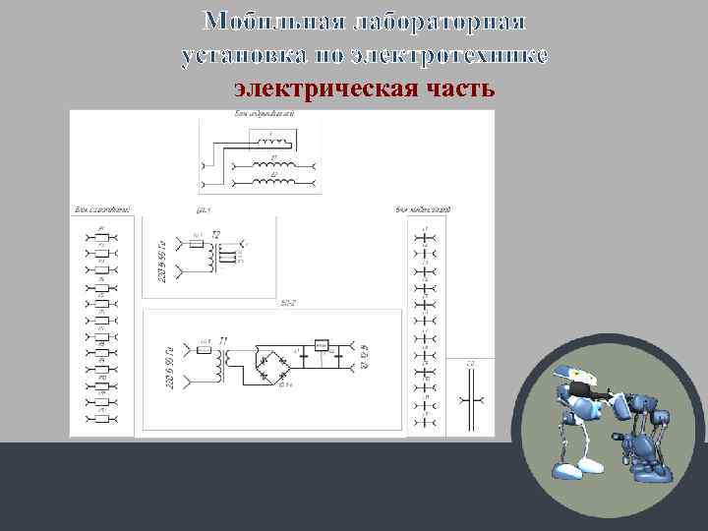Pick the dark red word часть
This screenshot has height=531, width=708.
456,89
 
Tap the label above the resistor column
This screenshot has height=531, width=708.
101,209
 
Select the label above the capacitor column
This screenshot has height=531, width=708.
423,209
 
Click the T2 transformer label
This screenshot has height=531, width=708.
217,234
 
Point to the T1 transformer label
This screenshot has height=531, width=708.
224,340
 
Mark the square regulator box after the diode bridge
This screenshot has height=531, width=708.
321,346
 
